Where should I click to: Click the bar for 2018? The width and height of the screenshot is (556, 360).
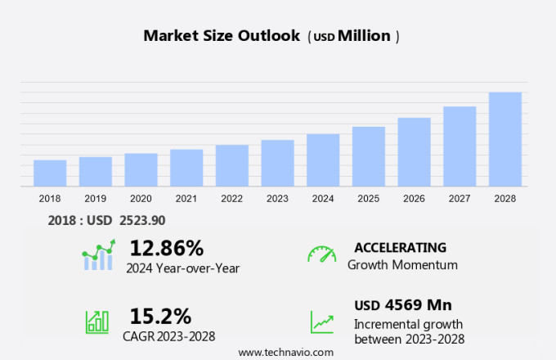point(50,173)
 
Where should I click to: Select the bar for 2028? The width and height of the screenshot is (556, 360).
point(505,139)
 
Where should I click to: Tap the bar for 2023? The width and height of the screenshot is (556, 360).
point(277,163)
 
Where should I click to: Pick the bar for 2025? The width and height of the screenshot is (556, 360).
point(369,156)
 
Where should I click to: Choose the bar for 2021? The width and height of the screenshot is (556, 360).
point(186,168)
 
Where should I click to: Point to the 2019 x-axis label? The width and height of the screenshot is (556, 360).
point(95,198)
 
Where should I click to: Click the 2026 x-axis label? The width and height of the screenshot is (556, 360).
point(414,198)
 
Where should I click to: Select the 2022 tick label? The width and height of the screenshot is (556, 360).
point(231,198)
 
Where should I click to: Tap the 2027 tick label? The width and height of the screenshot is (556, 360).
point(460,198)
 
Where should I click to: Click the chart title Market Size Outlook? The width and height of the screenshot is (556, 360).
point(222,36)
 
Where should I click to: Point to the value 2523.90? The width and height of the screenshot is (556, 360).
point(142,220)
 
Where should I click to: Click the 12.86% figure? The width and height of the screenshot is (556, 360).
point(166,248)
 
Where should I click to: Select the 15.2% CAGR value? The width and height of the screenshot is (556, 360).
point(160,316)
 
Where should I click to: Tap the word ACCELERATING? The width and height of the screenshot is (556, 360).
point(400,247)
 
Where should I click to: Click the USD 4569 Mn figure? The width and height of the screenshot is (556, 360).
point(403,305)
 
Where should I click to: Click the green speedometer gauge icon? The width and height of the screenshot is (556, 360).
point(321,254)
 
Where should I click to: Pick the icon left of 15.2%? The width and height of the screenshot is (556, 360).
point(97,322)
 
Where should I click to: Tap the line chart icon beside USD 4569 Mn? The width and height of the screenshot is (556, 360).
point(321,321)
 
